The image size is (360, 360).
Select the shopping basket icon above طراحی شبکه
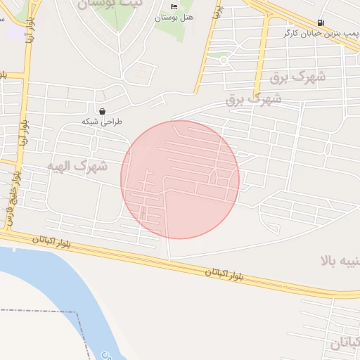[x=103, y=111]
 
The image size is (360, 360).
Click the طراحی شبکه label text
[x=102, y=122]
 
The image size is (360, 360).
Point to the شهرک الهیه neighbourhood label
[x=77, y=165]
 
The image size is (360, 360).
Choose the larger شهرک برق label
[x=297, y=77]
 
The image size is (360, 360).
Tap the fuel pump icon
[x=321, y=22]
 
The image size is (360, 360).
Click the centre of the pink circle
[x=180, y=179]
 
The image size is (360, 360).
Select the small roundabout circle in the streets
[x=224, y=60]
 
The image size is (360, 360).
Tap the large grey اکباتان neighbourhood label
[x=345, y=344]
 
